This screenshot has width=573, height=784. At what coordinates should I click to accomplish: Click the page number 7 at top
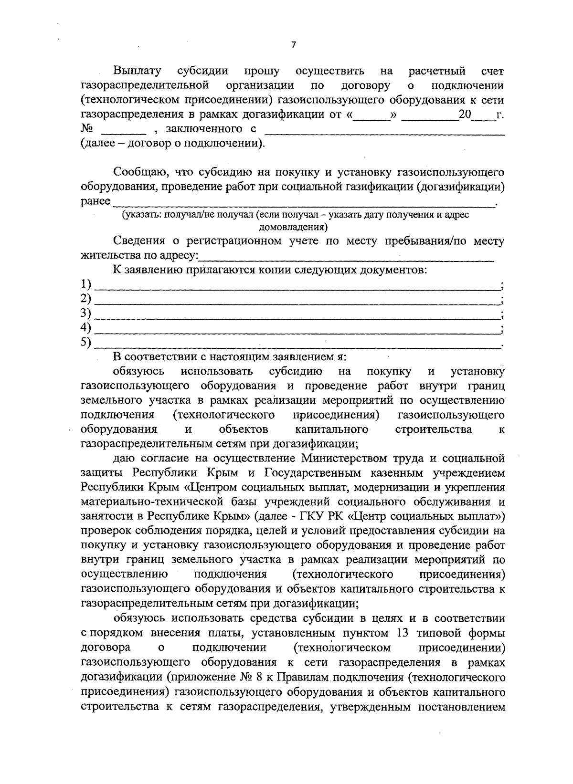point(293,45)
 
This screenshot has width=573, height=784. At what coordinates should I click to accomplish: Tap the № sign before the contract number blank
point(87,129)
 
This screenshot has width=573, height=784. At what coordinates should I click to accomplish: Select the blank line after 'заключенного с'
point(384,133)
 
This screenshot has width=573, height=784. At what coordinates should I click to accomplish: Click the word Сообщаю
point(137,172)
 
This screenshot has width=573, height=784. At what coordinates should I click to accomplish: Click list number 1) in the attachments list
point(86,284)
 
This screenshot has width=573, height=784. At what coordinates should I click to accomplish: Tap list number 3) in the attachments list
point(86,313)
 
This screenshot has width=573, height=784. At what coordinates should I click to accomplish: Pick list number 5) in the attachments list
point(86,342)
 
